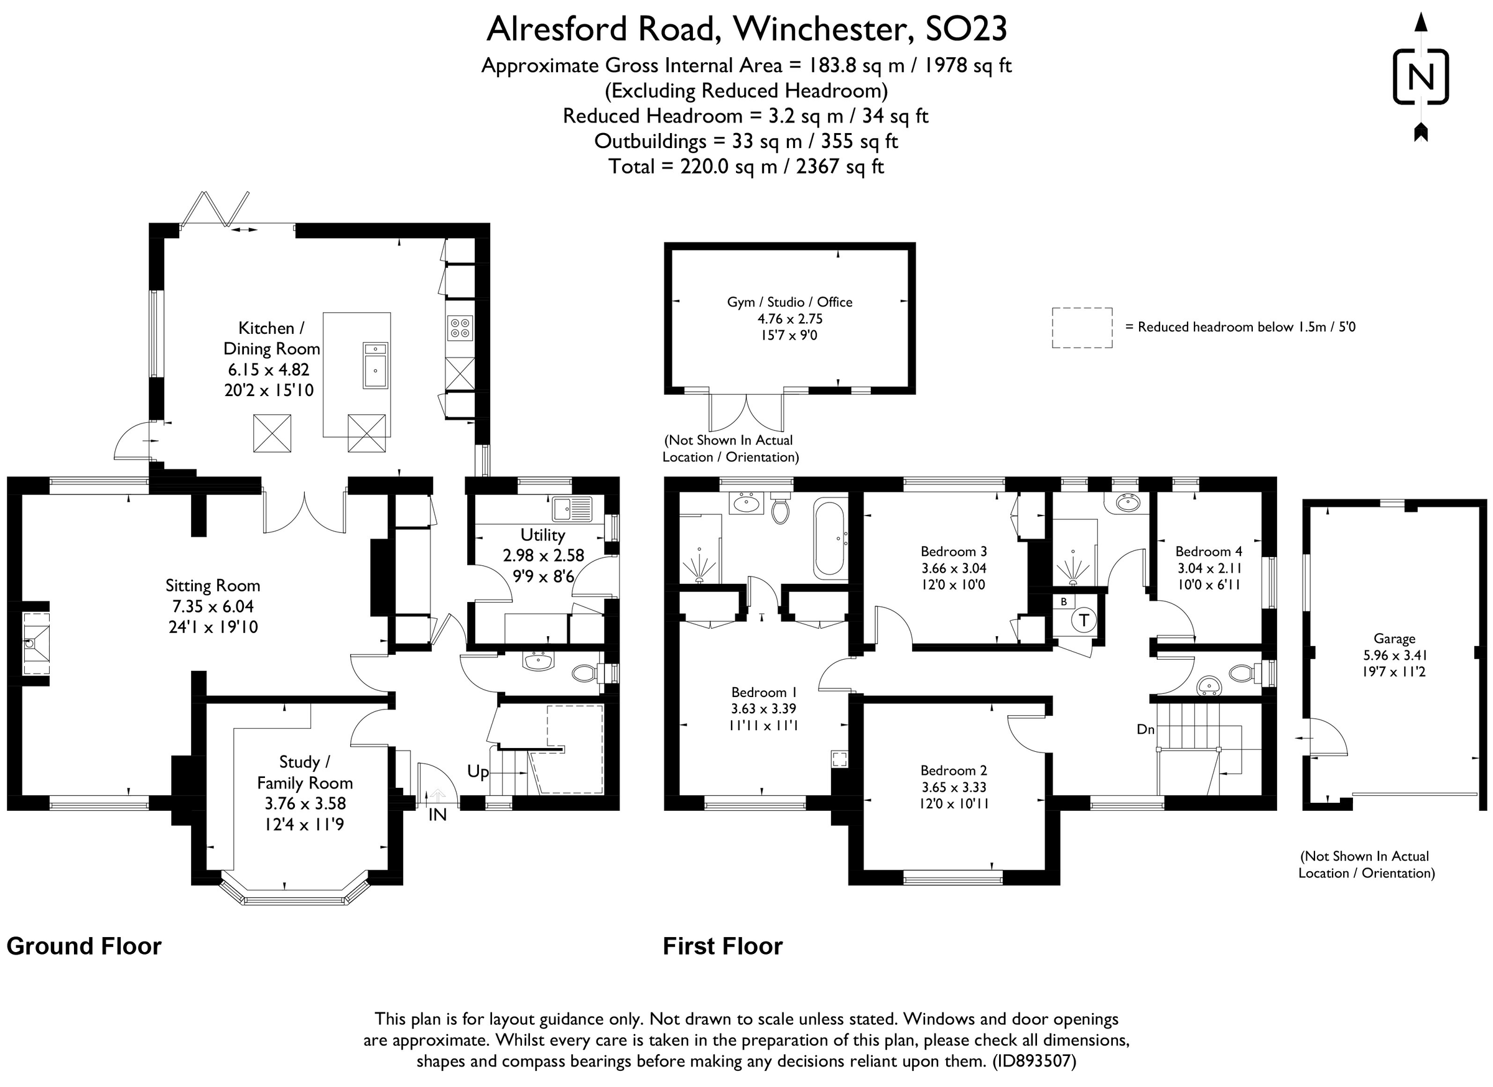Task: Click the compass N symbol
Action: tap(1420, 77)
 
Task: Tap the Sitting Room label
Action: tap(212, 586)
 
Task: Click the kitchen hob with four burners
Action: tap(460, 328)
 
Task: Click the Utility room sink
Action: tap(572, 509)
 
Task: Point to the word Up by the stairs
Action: tap(478, 771)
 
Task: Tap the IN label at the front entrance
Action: tap(437, 815)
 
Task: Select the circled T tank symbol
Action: tap(1084, 619)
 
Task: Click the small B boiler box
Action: tap(1063, 601)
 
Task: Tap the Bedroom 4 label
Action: tap(1209, 552)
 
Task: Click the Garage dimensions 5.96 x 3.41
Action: tap(1393, 655)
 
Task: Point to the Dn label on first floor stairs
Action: tap(1145, 729)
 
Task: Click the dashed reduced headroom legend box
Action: tap(1082, 327)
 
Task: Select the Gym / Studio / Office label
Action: tap(789, 302)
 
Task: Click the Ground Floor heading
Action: tap(83, 946)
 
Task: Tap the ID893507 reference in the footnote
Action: tap(1033, 1061)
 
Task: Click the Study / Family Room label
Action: tap(304, 772)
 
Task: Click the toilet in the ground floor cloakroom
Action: tap(584, 672)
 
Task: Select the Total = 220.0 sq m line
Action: tap(746, 167)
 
